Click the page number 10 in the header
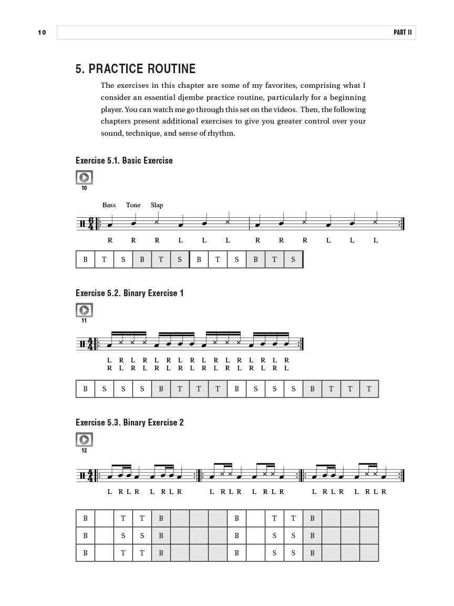[x=42, y=33]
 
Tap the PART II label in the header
[x=403, y=33]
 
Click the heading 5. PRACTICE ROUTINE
[x=136, y=69]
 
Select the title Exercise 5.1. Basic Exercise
[x=124, y=160]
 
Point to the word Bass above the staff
[x=109, y=205]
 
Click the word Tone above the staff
[x=133, y=205]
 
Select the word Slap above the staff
[x=157, y=205]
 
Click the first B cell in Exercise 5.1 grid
[x=85, y=259]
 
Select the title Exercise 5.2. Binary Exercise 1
[x=130, y=293]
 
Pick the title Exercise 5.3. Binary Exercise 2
[x=130, y=422]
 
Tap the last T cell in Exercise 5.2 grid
[x=369, y=389]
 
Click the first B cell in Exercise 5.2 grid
[x=85, y=389]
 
